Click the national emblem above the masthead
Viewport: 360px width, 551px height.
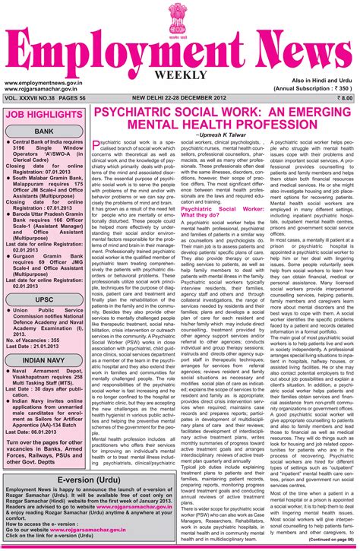[x=178, y=18]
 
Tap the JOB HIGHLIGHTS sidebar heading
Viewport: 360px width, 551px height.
[x=44, y=115]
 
